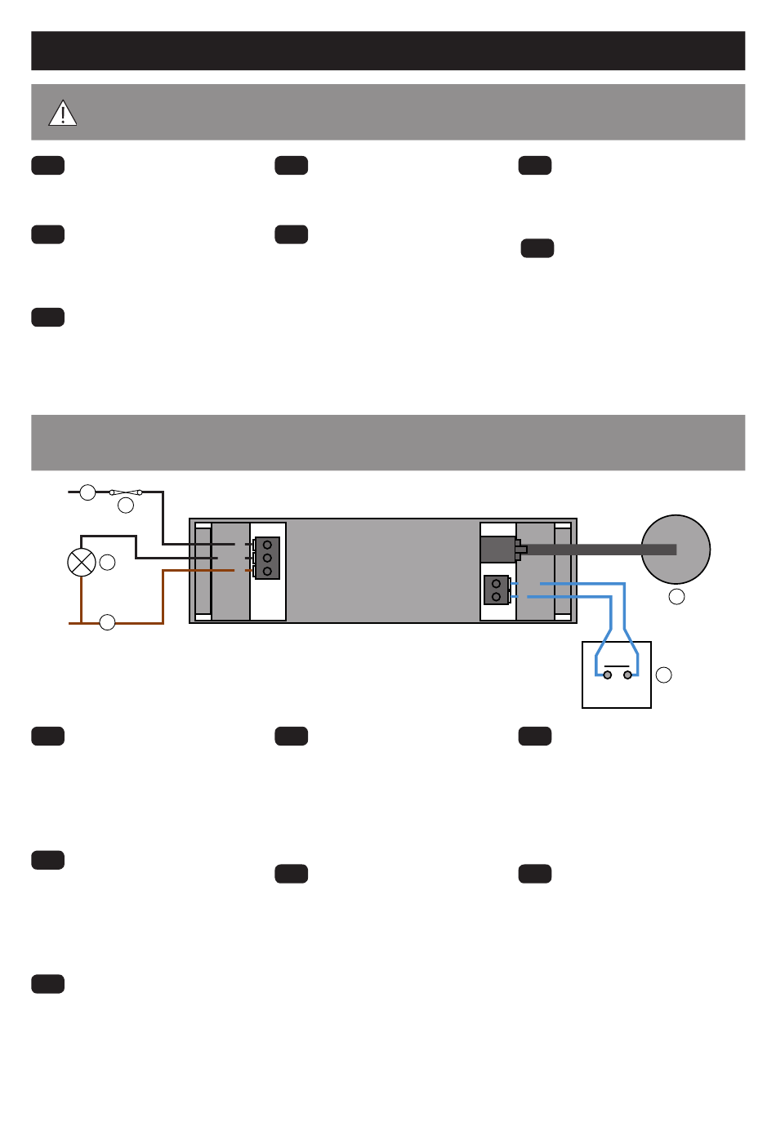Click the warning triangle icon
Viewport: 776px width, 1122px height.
[x=62, y=114]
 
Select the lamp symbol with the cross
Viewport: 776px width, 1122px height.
[x=81, y=562]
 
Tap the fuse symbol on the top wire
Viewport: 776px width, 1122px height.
[x=126, y=492]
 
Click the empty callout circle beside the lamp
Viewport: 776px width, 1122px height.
[x=107, y=562]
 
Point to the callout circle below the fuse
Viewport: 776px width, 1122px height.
[x=126, y=506]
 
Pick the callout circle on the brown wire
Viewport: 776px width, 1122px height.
[x=107, y=623]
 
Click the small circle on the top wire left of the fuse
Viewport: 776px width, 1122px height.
[x=87, y=492]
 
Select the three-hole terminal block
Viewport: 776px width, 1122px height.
[x=267, y=558]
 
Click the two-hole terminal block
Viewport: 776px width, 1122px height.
[x=496, y=590]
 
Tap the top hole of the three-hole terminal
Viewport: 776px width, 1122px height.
[x=267, y=545]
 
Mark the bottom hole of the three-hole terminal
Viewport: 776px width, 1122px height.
[x=267, y=571]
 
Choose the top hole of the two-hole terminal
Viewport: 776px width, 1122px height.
[x=496, y=584]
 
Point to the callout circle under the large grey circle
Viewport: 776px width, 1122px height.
[x=676, y=597]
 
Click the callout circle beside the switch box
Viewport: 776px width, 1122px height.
[x=664, y=675]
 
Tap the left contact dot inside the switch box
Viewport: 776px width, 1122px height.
[x=607, y=675]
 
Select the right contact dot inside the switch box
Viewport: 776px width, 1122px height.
[x=627, y=675]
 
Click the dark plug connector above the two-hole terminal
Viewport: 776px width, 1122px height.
[x=499, y=550]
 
